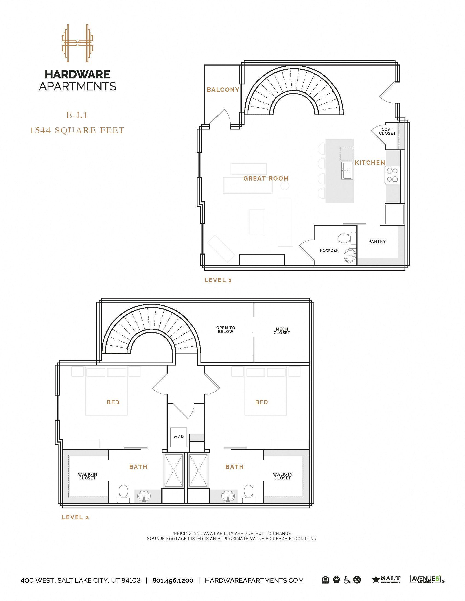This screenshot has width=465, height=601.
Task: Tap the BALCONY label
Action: (223, 90)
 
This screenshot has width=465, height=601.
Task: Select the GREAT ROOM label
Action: (266, 178)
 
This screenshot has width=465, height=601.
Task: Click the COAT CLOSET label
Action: (387, 131)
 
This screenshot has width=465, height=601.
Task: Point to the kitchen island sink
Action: (347, 171)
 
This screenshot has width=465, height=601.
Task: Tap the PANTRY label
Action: (377, 241)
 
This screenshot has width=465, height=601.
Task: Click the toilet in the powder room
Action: (347, 238)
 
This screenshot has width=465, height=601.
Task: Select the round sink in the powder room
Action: (350, 256)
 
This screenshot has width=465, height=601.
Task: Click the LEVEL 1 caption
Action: (218, 280)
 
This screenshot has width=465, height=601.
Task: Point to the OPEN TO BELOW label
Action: (226, 329)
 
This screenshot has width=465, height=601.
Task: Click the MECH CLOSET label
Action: (282, 331)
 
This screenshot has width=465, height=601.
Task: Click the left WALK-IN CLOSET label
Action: (87, 476)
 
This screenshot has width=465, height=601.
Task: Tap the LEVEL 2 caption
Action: (75, 517)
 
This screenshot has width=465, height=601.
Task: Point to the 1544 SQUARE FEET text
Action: (77, 130)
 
